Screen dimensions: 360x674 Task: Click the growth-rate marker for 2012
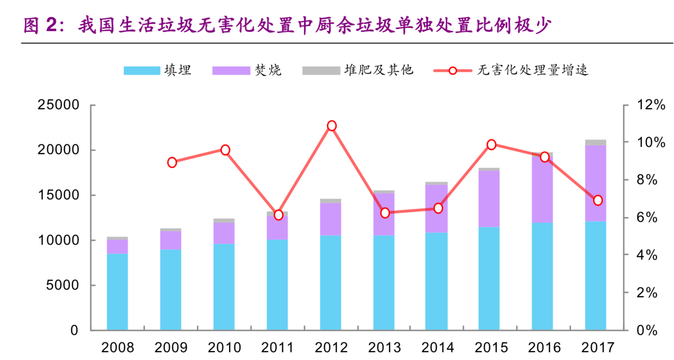tap(331, 126)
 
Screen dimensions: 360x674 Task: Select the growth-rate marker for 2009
tap(172, 162)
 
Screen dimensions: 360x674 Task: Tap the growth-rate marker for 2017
tap(597, 200)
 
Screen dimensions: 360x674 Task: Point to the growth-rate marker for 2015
tap(491, 145)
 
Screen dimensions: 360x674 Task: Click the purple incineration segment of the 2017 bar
tap(595, 183)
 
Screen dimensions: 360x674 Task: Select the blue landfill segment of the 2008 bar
tap(117, 292)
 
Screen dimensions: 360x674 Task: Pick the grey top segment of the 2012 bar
tap(331, 201)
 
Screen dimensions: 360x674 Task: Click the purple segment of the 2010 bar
tap(224, 233)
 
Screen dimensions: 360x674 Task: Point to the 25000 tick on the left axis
tap(59, 105)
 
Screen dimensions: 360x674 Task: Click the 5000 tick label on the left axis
tap(63, 285)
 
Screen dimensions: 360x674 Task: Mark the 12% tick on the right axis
tap(651, 105)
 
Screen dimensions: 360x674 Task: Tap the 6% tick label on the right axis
tap(647, 218)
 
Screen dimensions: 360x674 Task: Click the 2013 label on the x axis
tap(384, 347)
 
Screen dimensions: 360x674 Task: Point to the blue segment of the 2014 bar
tap(437, 281)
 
